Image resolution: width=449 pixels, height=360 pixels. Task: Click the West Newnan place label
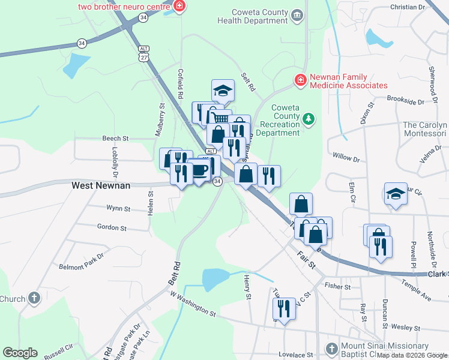point(101,185)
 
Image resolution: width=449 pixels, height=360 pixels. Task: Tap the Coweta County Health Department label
point(252,16)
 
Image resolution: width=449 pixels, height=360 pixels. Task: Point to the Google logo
point(20,353)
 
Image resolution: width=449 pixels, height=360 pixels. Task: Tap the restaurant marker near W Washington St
point(283,309)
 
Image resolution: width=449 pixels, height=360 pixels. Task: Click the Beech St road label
point(116,138)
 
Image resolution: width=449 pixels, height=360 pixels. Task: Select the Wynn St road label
point(118,209)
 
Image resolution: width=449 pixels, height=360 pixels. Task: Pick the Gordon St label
point(112,228)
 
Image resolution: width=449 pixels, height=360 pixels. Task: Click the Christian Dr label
point(407,7)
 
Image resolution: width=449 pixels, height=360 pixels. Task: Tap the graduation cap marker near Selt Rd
point(223,91)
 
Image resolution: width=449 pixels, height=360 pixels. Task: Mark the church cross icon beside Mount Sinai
point(331,349)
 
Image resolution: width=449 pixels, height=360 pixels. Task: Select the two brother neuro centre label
point(124,7)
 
